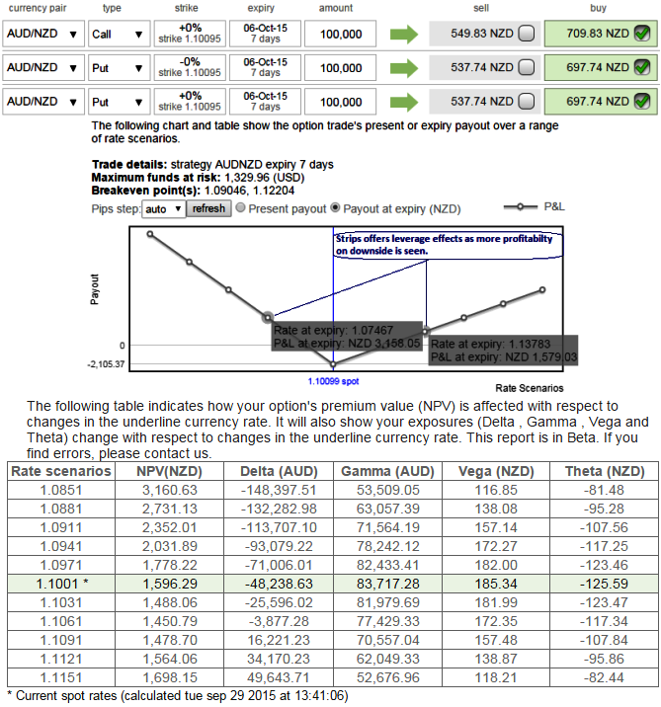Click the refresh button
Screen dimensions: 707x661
pos(208,209)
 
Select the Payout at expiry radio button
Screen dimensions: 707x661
pos(336,208)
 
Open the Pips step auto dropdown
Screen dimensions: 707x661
pos(164,209)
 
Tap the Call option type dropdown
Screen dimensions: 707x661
pos(118,35)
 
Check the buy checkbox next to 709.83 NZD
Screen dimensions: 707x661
pos(642,35)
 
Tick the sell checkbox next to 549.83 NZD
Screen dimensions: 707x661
pos(527,35)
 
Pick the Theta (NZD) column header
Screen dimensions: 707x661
pos(604,471)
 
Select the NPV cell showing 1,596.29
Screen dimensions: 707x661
pos(170,584)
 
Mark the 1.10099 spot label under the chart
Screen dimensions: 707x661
pos(332,379)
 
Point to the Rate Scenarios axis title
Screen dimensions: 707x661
pos(529,388)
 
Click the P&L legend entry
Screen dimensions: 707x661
pos(540,207)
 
